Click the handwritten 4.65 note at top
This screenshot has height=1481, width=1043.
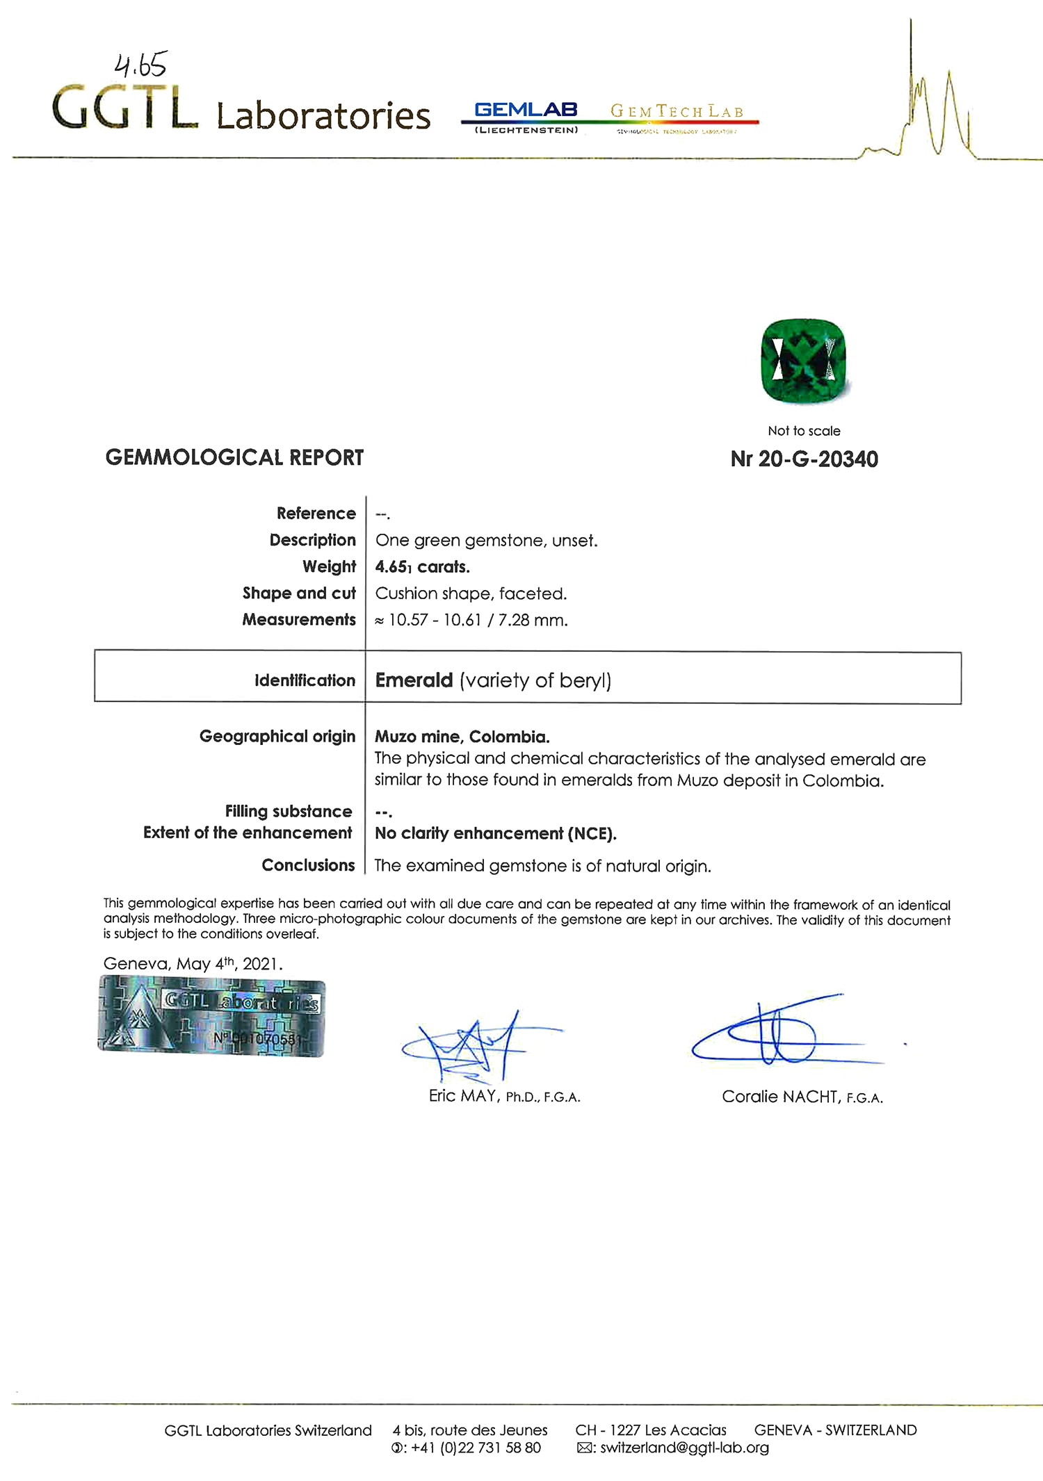(140, 65)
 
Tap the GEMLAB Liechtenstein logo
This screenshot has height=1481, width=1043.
(526, 117)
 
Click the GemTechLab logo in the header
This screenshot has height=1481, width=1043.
(677, 115)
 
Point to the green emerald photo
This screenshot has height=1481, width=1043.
(803, 361)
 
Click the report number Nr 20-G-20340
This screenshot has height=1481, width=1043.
(804, 459)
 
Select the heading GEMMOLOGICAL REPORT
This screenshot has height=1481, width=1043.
(234, 457)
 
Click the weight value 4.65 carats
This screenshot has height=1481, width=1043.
(422, 567)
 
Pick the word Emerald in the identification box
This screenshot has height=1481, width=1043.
(414, 680)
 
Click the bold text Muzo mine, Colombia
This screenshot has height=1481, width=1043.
(462, 737)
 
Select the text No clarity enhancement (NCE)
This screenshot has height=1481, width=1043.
(495, 833)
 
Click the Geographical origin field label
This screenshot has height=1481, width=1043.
(277, 736)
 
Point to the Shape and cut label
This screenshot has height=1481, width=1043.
(299, 593)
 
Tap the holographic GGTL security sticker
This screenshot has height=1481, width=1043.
(211, 1016)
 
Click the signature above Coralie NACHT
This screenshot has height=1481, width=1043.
(779, 1032)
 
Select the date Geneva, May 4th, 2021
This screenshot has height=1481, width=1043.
(193, 964)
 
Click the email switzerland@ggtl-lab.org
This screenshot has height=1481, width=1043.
(684, 1448)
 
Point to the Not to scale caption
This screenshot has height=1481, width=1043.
(804, 431)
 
